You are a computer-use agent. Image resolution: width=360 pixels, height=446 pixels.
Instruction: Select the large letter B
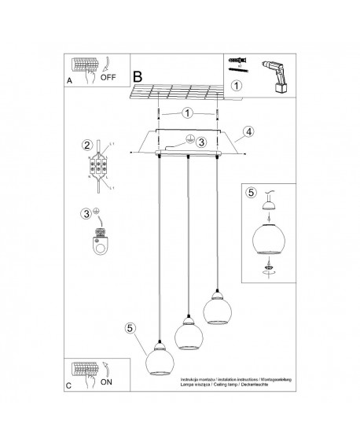(x=138, y=76)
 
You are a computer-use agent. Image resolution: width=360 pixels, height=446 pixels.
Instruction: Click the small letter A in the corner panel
(x=70, y=80)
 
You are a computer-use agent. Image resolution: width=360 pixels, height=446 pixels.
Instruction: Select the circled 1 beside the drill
(x=237, y=86)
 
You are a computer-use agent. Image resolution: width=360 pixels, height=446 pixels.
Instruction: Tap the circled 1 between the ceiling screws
(x=188, y=112)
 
